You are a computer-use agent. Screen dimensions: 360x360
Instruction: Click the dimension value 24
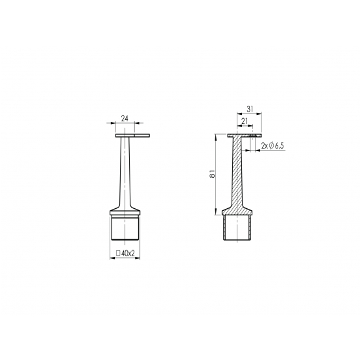tap(125, 119)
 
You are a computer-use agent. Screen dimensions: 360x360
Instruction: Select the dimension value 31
tap(250, 109)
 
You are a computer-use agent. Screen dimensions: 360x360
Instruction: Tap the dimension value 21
tap(245, 121)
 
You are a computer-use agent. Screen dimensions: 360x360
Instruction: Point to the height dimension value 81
tap(212, 174)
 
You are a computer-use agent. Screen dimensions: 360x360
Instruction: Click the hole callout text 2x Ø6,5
tap(272, 146)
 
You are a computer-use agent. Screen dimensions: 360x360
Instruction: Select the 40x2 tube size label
tap(128, 253)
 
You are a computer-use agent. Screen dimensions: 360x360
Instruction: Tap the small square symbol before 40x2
tap(118, 253)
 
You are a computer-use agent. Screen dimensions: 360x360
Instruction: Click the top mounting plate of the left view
tap(133, 136)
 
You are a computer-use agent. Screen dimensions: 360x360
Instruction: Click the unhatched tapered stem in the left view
tap(125, 171)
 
